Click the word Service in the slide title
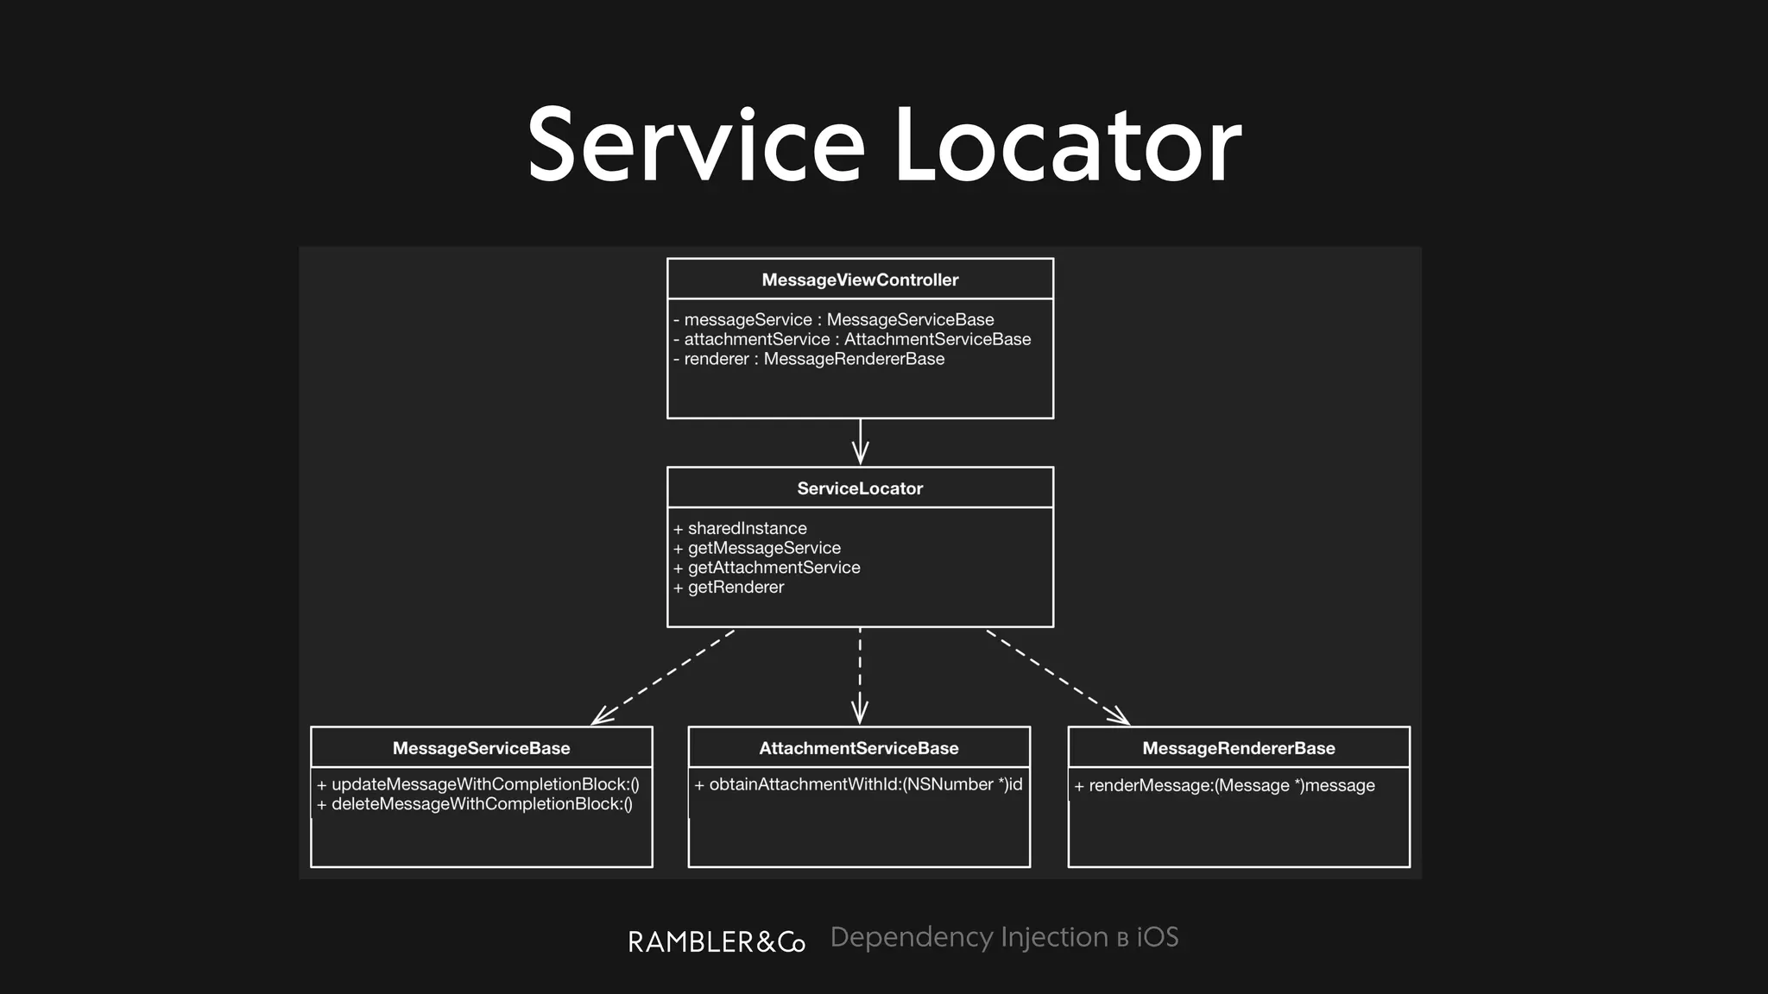696,145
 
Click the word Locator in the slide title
1067,145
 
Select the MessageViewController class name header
860,280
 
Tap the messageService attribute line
833,319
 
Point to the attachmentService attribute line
852,339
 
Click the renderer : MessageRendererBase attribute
809,359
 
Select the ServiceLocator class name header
860,488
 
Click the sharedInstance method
740,528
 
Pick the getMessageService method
757,548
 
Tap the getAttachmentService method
767,568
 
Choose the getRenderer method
729,588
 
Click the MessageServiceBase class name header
481,748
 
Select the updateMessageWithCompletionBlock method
478,784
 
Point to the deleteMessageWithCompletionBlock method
475,804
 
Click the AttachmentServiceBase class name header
859,748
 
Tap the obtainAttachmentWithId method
858,784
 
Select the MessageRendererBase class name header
1239,748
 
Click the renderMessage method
1224,785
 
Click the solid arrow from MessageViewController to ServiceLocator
860,442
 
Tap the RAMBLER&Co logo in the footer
717,941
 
